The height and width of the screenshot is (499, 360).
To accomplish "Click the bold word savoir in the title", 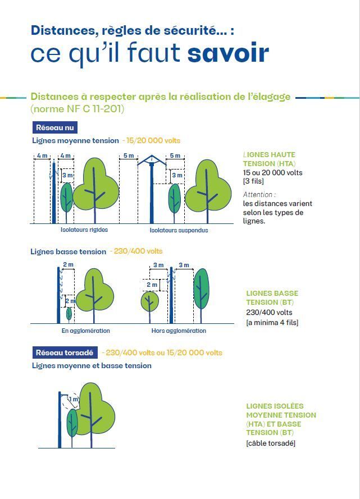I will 228,53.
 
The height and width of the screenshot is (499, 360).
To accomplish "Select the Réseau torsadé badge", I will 65,352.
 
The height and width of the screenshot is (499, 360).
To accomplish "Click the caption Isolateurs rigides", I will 84,230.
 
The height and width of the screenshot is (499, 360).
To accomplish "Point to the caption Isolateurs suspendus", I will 179,230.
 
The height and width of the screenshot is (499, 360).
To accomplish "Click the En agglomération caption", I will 85,331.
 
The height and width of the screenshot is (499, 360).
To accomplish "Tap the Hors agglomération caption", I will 179,331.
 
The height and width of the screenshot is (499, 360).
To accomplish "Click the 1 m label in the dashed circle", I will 73,400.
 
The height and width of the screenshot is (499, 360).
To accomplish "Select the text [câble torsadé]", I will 271,443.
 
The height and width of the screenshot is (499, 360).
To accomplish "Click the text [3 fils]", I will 253,181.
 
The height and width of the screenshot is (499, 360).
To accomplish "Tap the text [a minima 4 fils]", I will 272,322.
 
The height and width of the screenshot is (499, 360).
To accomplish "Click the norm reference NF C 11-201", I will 78,108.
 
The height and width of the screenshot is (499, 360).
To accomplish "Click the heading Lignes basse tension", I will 68,251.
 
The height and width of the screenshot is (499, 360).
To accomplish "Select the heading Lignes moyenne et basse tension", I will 92,365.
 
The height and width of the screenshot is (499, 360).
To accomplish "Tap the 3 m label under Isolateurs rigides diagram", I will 67,175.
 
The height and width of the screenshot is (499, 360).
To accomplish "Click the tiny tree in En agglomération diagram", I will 69,314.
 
